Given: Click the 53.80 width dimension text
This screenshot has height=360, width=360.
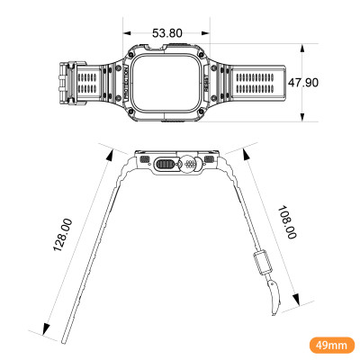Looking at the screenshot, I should coord(167,33).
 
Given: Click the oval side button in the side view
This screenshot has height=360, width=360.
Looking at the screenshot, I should coord(164,165).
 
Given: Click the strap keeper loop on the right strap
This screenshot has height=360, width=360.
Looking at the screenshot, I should coord(262,262).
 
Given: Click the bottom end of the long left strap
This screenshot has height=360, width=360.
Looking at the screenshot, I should coord(65,339).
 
